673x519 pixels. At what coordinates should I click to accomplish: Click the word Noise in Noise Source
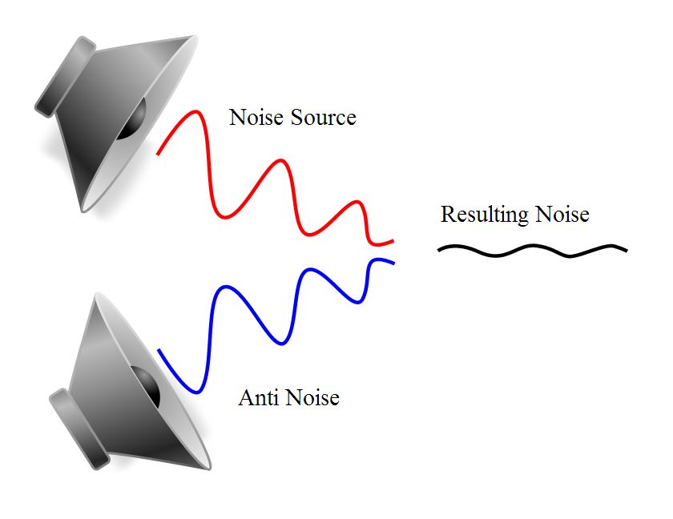click(x=256, y=117)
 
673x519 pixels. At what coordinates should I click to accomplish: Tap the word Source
click(x=324, y=117)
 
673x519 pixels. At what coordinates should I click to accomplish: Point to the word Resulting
click(x=485, y=215)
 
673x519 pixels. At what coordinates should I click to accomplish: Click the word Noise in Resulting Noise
click(x=562, y=214)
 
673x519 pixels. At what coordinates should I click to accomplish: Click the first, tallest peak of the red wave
click(x=196, y=112)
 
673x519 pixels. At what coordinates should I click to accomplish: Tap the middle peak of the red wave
click(x=281, y=161)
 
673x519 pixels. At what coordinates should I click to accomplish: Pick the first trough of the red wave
click(x=224, y=216)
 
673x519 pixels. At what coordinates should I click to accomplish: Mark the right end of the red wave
click(x=393, y=242)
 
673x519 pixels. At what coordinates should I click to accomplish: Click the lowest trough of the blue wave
click(x=196, y=391)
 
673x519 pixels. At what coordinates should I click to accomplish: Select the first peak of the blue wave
click(x=225, y=287)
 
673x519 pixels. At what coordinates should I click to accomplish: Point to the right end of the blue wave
click(x=393, y=263)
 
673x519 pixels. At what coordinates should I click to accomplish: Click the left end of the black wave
click(x=439, y=250)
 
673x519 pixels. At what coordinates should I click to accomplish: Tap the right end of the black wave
click(x=627, y=250)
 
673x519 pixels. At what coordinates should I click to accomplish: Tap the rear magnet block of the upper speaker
click(x=65, y=77)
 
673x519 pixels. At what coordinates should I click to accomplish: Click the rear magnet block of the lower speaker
click(x=80, y=429)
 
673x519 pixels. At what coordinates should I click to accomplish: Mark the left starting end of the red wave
click(x=158, y=154)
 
